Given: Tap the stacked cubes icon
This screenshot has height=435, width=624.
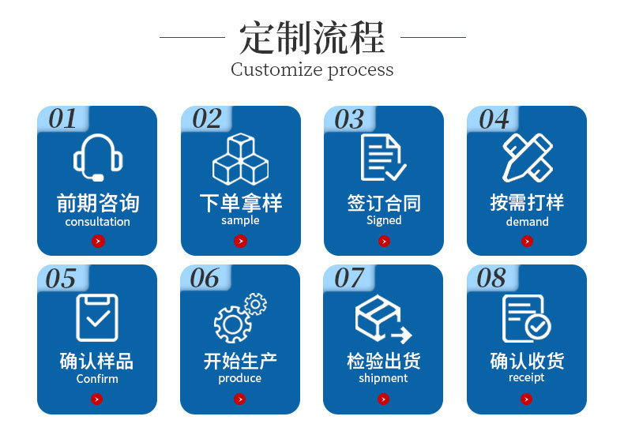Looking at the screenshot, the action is coord(240,159).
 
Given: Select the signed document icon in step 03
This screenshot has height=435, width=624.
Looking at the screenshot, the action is coord(383,157).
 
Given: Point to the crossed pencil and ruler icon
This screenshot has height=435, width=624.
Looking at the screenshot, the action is coord(527,157).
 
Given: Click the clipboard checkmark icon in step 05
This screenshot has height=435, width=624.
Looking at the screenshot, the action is coord(96,317).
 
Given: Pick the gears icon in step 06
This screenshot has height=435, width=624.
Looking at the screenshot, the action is coord(240,317).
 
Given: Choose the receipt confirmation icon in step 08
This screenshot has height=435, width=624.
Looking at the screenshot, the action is coord(527,317).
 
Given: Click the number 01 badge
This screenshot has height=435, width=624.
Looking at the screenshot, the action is coord(63,119).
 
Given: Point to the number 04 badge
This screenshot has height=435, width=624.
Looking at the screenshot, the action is coord(494,119).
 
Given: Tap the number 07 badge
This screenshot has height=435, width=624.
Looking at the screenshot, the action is coord(349,278).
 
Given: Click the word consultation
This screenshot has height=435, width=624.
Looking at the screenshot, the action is coord(97,222).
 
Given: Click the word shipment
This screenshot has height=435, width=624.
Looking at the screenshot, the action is coord(383,378).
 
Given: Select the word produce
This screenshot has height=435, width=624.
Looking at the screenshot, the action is coord(240,378).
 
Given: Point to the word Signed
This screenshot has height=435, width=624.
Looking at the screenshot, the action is coord(384,221).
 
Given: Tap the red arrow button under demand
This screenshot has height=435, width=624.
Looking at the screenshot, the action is coord(527,241).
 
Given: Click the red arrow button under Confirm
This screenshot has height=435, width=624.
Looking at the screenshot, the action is coord(97,399).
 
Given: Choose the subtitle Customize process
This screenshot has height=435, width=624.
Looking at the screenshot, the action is coord(312,69).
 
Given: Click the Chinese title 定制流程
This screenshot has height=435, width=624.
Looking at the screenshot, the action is coord(312,37).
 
